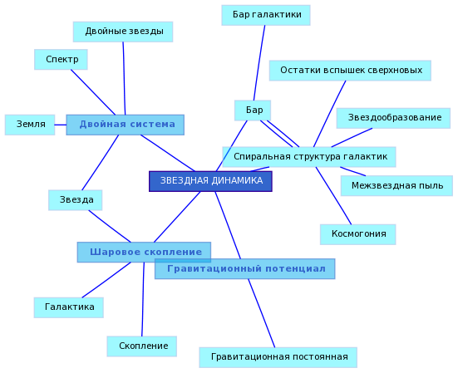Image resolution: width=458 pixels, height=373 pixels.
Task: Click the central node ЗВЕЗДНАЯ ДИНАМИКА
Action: tap(210, 181)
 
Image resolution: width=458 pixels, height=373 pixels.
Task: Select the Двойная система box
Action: tap(126, 125)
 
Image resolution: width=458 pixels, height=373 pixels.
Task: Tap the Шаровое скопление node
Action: tap(144, 253)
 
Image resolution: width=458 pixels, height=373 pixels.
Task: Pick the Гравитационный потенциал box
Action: tap(244, 269)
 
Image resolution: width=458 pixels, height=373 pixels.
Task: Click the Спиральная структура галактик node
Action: tap(309, 157)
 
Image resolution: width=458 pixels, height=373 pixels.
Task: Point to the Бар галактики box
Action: tap(266, 15)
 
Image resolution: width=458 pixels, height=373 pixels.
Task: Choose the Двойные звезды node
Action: tap(123, 32)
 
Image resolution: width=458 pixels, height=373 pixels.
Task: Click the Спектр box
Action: tap(61, 60)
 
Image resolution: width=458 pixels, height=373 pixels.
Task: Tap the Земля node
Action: tap(30, 125)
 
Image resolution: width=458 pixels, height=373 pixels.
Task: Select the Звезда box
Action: tap(76, 200)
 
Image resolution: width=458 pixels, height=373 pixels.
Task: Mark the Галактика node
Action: tap(69, 307)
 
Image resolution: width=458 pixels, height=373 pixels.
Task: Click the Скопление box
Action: tap(142, 346)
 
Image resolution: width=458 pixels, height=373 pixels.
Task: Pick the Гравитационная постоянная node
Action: tap(278, 357)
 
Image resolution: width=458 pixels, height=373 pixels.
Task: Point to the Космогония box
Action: tap(357, 234)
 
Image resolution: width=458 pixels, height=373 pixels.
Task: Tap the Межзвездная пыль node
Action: tap(396, 185)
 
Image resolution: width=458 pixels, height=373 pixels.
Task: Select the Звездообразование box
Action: tap(393, 118)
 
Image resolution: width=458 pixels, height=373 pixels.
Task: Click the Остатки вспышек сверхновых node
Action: tap(350, 71)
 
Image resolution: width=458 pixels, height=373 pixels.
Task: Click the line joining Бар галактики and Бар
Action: tap(259, 63)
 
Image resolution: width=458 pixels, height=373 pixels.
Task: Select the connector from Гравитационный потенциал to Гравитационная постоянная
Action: tap(262, 313)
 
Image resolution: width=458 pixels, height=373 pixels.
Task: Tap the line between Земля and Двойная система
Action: tap(61, 125)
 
